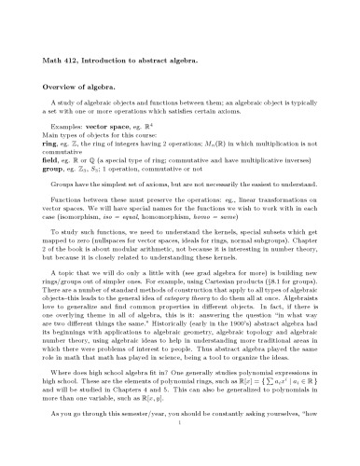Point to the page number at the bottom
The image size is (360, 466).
click(181, 452)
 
